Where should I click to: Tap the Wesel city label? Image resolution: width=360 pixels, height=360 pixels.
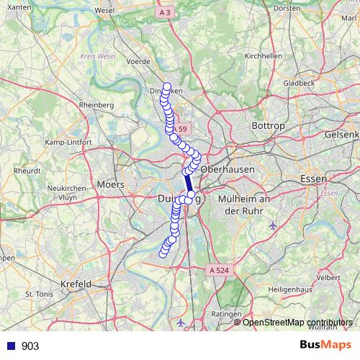104,11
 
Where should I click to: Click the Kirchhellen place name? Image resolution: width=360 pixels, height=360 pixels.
262,55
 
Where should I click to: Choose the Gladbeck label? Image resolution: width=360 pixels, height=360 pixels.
299,83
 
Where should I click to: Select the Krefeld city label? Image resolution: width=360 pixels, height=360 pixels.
76,284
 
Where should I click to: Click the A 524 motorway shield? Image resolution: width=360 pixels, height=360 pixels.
220,270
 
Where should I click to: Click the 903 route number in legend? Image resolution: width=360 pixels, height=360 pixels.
30,346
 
